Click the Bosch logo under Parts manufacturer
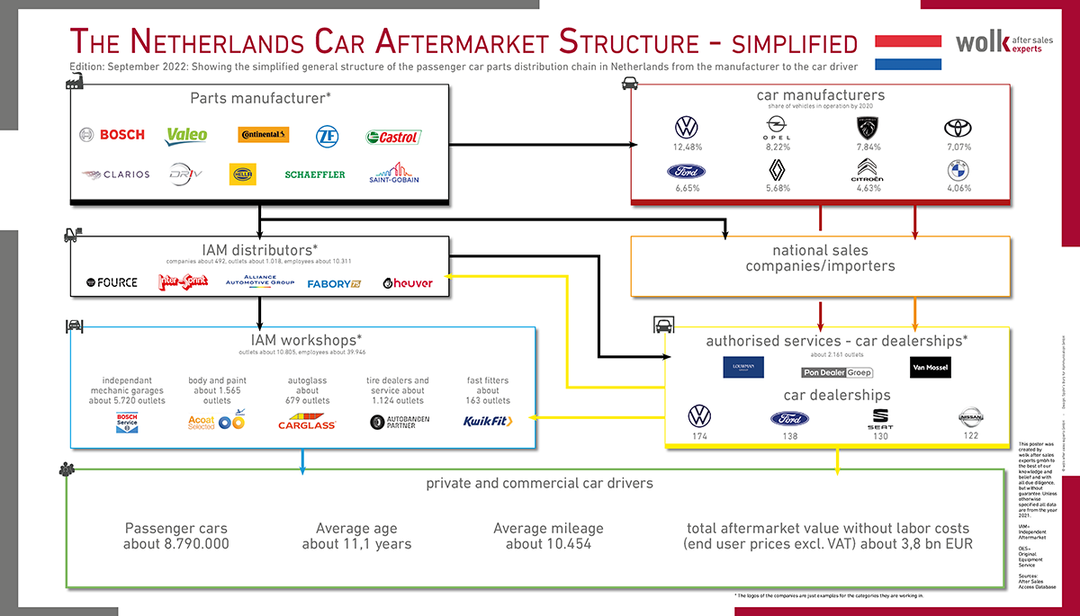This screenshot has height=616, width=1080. click(x=112, y=135)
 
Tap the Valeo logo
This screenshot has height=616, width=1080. click(x=187, y=135)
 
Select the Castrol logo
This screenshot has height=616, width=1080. click(x=393, y=137)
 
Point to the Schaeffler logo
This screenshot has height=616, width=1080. click(x=315, y=174)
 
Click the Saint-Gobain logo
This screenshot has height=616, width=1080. click(x=394, y=173)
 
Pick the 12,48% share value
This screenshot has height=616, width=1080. click(x=688, y=147)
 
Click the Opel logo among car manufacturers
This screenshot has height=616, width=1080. click(x=778, y=127)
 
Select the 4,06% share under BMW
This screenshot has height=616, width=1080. click(x=958, y=189)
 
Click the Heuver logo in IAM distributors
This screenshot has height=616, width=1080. click(x=408, y=283)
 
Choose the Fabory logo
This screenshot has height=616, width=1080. click(x=334, y=284)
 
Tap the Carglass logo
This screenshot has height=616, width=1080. click(x=306, y=422)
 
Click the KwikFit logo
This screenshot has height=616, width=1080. click(x=488, y=421)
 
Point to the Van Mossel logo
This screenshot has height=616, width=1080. click(x=930, y=368)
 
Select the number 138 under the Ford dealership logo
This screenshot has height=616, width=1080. click(x=788, y=436)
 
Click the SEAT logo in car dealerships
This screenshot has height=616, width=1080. click(x=880, y=419)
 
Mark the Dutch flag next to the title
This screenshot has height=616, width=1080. click(x=908, y=52)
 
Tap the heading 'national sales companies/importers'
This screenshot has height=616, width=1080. click(x=820, y=258)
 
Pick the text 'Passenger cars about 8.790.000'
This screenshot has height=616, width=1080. click(x=176, y=536)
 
